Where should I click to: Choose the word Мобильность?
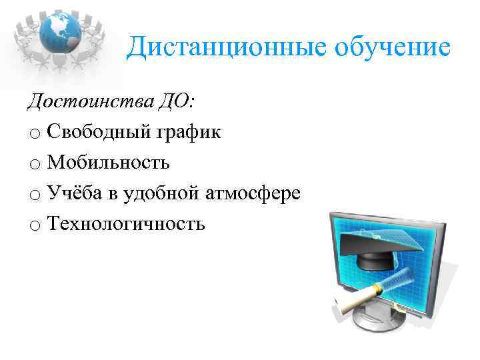click(x=109, y=163)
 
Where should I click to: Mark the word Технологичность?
click(x=126, y=224)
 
